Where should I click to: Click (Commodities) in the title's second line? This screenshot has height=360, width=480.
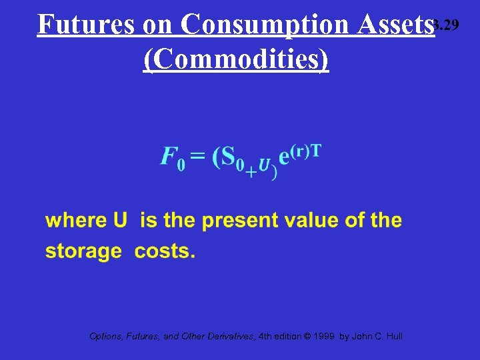pyautogui.click(x=236, y=59)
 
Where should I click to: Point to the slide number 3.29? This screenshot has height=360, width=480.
pyautogui.click(x=447, y=25)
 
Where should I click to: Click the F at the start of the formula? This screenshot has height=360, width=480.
pyautogui.click(x=170, y=157)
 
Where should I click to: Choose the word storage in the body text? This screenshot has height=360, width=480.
pyautogui.click(x=83, y=252)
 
